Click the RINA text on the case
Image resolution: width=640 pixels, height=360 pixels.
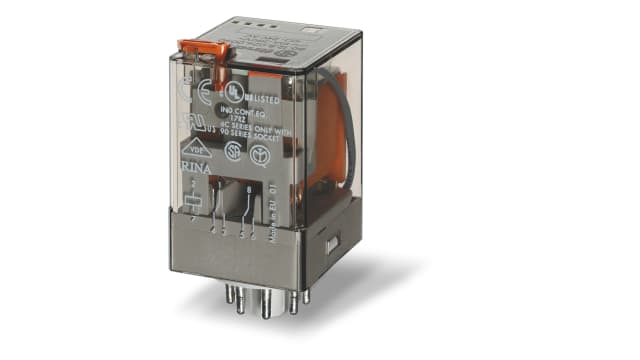pos(194,163)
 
